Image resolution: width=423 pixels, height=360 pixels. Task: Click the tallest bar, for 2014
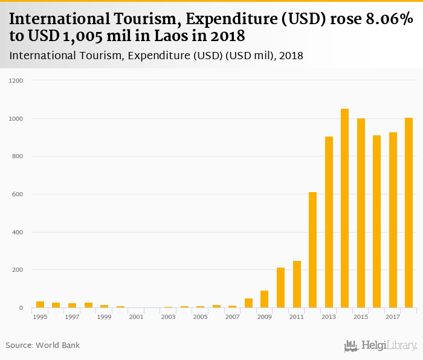tap(345, 208)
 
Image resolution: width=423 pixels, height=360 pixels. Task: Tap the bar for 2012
tap(313, 250)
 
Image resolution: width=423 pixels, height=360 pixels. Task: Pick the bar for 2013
tap(329, 222)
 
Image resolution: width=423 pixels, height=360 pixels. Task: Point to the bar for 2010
tap(280, 288)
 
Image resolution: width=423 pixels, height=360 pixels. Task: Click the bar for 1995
tap(40, 304)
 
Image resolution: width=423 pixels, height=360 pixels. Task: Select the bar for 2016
tap(377, 222)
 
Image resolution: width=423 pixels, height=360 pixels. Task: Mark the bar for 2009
tap(265, 299)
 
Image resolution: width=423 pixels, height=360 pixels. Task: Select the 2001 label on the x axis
tap(136, 317)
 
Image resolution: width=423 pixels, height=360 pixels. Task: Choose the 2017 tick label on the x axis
tap(393, 317)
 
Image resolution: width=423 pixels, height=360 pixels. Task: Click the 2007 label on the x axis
tap(232, 317)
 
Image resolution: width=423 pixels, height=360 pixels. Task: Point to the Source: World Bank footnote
tap(42, 346)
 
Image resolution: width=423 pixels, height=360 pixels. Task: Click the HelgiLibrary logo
tap(381, 346)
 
